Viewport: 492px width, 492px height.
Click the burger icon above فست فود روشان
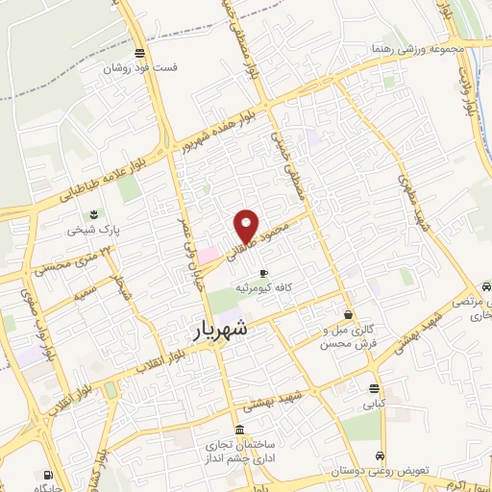(141, 53)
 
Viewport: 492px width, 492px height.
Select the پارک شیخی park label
(94, 231)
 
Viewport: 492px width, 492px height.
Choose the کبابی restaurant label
(373, 405)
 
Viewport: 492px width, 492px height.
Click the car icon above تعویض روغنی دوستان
(381, 455)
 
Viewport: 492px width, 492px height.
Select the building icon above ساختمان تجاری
(239, 430)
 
